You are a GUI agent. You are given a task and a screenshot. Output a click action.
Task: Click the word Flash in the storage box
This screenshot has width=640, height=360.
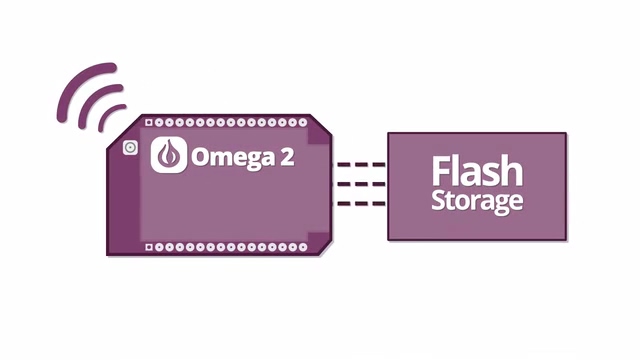click(x=476, y=171)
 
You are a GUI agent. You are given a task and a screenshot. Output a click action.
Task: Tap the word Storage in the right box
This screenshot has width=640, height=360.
click(x=477, y=200)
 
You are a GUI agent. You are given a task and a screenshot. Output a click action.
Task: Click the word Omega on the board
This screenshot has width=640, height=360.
click(x=229, y=157)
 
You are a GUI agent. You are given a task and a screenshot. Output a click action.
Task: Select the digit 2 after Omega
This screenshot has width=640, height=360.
click(x=287, y=157)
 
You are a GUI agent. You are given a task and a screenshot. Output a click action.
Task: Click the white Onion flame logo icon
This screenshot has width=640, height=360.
click(x=169, y=156)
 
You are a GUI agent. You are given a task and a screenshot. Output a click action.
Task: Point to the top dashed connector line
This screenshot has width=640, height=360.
click(x=359, y=164)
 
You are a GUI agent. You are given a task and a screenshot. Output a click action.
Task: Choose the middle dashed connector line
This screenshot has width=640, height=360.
click(x=359, y=184)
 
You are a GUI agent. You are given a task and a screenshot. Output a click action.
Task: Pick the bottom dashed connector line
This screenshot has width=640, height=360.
click(x=359, y=204)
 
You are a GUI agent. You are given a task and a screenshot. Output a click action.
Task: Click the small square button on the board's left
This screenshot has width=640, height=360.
click(x=129, y=148)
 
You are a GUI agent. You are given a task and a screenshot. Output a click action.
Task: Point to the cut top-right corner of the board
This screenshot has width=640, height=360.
click(x=319, y=127)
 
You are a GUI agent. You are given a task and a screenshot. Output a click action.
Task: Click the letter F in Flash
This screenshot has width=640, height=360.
click(x=441, y=171)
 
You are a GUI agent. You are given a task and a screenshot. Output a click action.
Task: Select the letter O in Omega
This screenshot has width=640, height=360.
click(x=200, y=157)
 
